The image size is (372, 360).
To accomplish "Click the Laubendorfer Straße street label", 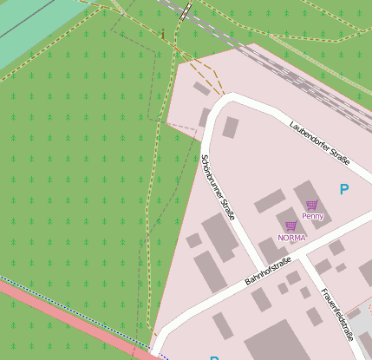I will coord(320,142).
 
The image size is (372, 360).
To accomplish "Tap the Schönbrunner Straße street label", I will coord(219,188).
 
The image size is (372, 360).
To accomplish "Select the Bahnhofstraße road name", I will coord(266,270).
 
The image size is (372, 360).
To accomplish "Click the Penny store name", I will coord(312,215).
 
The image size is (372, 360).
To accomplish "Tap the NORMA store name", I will coord(291,237).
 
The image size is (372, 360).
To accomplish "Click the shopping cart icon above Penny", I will coord(312,206).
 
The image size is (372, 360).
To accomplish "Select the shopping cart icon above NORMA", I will coord(290,226).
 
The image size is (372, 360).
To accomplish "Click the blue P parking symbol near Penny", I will coord(344,189).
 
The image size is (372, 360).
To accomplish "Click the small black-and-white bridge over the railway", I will coord(186,10).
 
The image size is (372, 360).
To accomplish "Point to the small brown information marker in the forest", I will coord(162,34).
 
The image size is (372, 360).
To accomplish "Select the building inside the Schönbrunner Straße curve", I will coord(231,128).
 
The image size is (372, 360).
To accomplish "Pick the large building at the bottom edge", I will coord(277,343).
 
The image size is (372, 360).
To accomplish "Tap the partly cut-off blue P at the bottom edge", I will coord(213,357).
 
